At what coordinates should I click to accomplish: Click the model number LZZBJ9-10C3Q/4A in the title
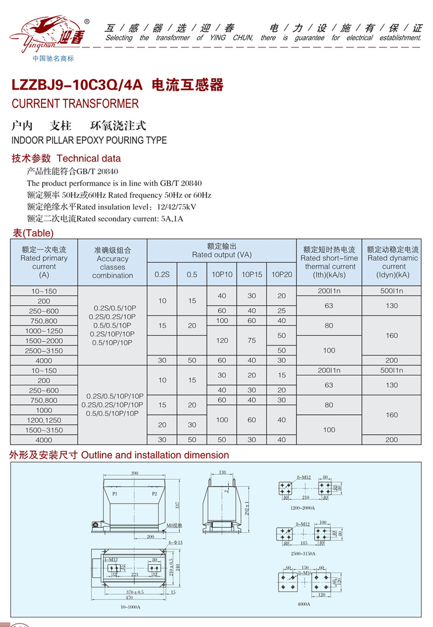(x=77, y=85)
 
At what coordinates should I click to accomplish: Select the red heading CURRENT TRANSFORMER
(x=75, y=104)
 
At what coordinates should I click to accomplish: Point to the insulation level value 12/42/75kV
(x=177, y=206)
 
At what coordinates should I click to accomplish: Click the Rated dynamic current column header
(x=393, y=262)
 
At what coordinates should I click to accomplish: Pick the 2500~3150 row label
(x=44, y=350)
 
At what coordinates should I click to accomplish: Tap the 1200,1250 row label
(x=44, y=420)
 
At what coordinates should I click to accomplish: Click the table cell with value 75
(x=252, y=340)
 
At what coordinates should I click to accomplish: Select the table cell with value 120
(x=222, y=340)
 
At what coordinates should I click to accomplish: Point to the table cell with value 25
(x=281, y=311)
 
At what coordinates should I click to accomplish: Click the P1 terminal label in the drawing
(x=116, y=494)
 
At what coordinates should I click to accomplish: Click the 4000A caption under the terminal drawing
(x=303, y=604)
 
